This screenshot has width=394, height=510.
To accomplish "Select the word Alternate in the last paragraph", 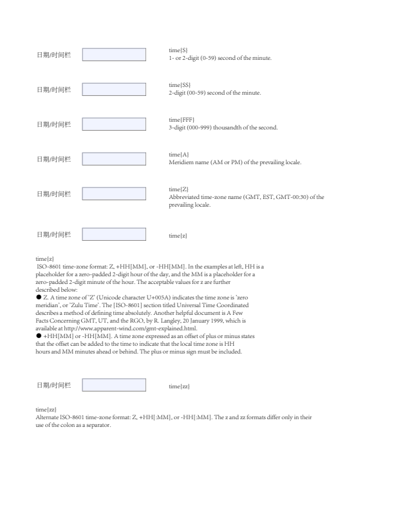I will click(x=49, y=416).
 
